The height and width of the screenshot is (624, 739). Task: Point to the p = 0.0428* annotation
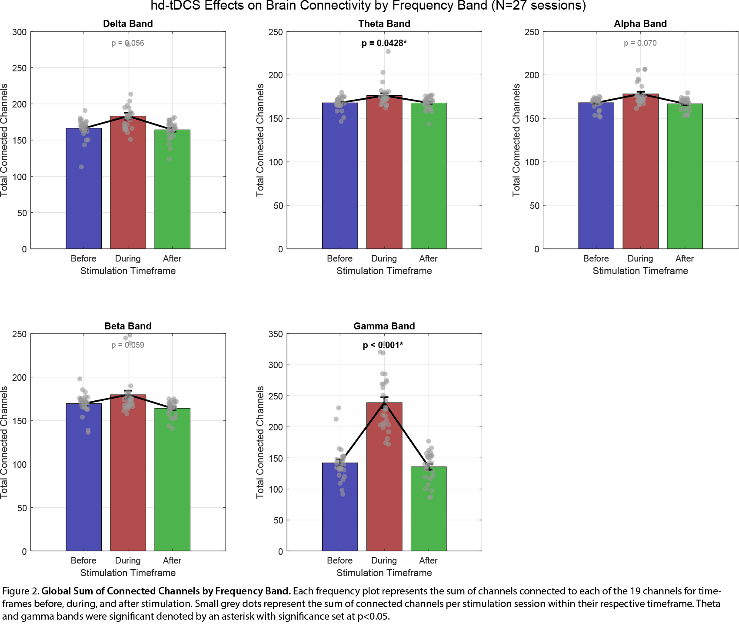(384, 43)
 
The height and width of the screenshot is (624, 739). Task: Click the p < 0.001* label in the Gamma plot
(383, 345)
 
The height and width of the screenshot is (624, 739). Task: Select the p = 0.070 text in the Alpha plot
(640, 43)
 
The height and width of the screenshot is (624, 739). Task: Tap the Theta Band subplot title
(384, 24)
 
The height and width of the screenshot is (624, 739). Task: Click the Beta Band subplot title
(128, 326)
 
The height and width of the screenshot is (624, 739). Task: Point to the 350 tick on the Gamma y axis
(276, 334)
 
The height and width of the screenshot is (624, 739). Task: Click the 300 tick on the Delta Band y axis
(20, 32)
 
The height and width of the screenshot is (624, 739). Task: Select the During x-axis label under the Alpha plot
(640, 258)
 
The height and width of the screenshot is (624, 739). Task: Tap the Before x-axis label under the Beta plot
(83, 560)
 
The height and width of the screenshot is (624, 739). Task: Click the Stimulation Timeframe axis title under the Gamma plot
(384, 573)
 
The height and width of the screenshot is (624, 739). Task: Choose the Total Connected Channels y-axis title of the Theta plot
(260, 140)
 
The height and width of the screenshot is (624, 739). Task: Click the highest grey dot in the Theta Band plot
(388, 51)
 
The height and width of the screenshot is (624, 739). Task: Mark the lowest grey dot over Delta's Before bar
(81, 167)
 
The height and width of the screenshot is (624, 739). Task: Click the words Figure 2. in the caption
(20, 591)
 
